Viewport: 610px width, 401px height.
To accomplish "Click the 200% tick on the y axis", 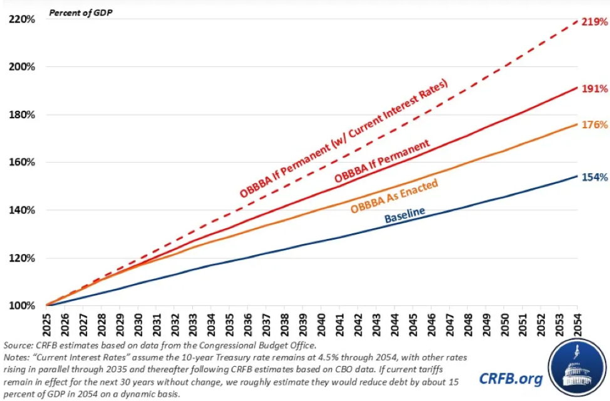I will pyautogui.click(x=21, y=67).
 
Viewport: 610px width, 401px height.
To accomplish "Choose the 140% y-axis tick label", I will pyautogui.click(x=21, y=210).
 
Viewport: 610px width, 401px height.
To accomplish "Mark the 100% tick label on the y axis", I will pyautogui.click(x=21, y=306).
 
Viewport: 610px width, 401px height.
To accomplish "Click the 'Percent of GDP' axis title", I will pyautogui.click(x=78, y=13).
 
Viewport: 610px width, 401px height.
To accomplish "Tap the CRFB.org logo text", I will pyautogui.click(x=510, y=378).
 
